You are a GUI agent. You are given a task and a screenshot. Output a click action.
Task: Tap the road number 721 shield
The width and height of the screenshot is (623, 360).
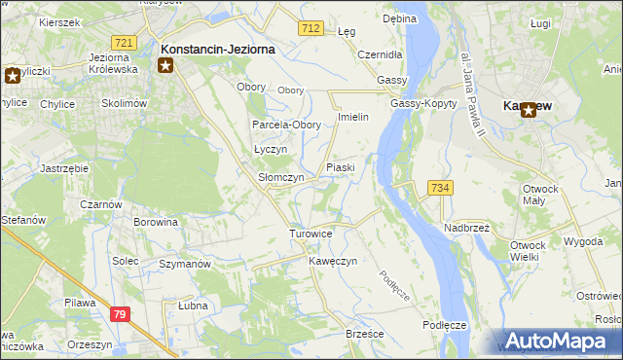click(123, 43)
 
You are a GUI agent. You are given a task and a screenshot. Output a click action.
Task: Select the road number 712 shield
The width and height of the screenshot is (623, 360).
click(311, 29)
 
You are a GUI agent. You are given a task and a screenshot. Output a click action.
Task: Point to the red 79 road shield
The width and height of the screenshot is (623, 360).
click(120, 313)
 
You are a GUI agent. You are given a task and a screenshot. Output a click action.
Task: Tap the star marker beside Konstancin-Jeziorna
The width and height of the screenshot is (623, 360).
click(165, 65)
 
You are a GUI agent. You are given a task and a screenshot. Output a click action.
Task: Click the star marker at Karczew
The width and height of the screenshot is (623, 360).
click(529, 111)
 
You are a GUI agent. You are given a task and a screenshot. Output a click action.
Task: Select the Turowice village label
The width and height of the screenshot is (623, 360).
click(311, 234)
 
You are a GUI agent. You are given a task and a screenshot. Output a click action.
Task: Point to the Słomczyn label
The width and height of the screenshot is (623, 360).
click(280, 178)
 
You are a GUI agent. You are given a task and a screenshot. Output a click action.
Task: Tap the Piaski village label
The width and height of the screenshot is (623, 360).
click(340, 167)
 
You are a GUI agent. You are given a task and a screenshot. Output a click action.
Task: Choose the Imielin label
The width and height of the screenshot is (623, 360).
click(351, 117)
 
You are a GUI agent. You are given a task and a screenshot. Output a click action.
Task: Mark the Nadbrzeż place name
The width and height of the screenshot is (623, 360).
click(467, 227)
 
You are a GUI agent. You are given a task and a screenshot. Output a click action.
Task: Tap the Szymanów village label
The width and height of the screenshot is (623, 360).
click(185, 264)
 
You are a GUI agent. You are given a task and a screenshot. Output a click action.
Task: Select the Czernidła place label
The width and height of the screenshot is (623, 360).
click(381, 54)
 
